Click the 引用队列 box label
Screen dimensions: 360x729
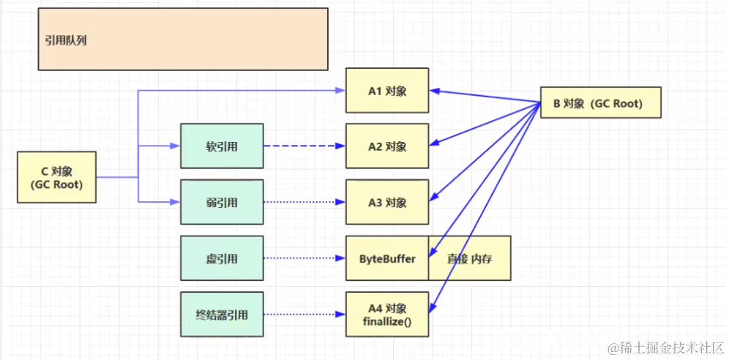[66, 41]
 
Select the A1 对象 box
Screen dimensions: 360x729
[387, 91]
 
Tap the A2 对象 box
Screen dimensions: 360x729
[387, 146]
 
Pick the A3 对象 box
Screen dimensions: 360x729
[387, 202]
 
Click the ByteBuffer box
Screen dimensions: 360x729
[386, 258]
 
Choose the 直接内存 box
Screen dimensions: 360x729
[470, 258]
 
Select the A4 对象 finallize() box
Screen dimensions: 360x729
[387, 315]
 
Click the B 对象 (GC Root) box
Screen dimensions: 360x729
[599, 103]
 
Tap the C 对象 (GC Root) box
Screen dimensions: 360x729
[57, 177]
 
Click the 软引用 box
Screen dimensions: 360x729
[222, 146]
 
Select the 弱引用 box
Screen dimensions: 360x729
[222, 202]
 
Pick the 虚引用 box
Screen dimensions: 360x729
[222, 258]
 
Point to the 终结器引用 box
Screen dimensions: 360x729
[222, 315]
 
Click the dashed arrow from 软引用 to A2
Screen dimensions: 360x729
[304, 146]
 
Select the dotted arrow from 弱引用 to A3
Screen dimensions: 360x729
[304, 202]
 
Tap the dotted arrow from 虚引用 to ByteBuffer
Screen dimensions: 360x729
[304, 258]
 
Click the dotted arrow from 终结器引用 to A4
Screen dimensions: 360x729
[304, 315]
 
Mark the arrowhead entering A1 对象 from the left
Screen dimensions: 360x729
[340, 91]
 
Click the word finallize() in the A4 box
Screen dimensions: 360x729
[387, 321]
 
